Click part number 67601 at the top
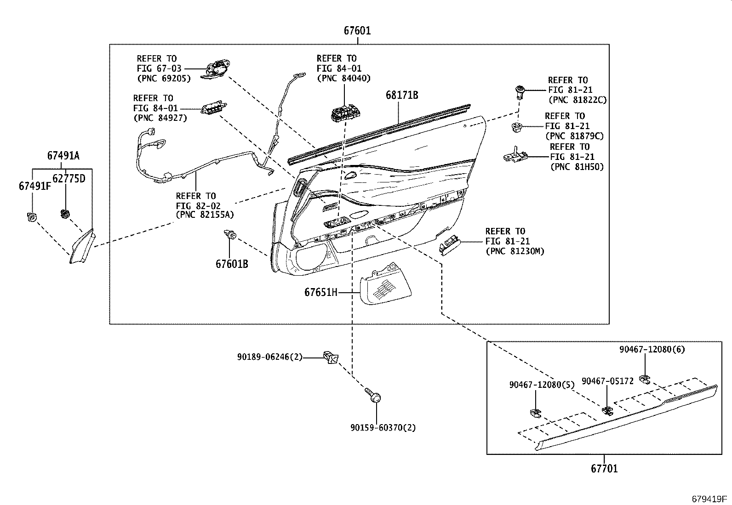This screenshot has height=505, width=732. pos(357,31)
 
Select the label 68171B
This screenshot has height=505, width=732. pos(401,96)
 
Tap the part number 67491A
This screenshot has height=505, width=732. pos(63,156)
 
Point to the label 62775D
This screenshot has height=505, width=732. pos(69,178)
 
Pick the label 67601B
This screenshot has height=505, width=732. pos(232,264)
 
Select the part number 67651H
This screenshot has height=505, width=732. pos(321,292)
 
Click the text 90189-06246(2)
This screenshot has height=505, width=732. pos(270,357)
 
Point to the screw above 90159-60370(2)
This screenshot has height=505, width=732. pos(374,396)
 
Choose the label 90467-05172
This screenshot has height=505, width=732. pos(607,381)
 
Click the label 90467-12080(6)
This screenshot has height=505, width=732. pos(652,349)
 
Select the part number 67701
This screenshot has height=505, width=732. pos(604,469)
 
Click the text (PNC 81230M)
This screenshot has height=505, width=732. pos(515,251)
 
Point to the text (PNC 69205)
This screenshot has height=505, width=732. pos(163,79)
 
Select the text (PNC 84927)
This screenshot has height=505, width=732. pos(160,118)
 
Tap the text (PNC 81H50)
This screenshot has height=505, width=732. pos(577,167)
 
